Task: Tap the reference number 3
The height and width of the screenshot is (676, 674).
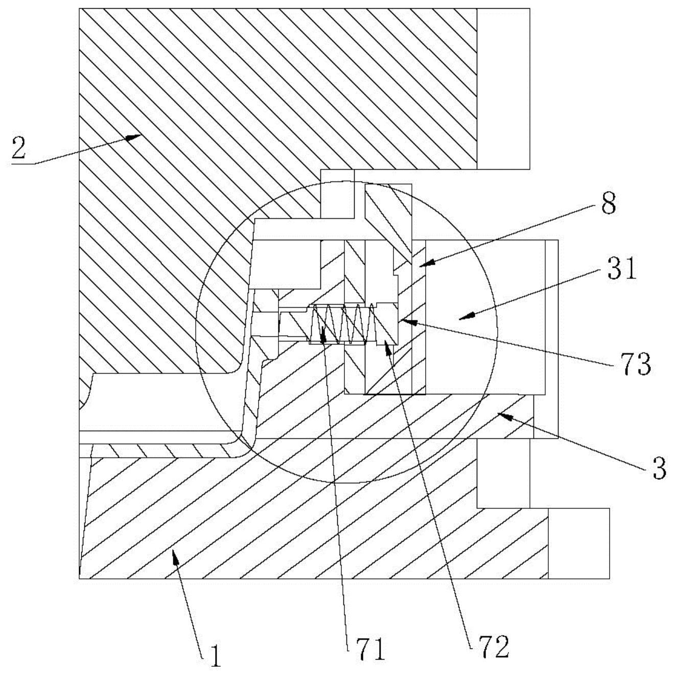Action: (660, 469)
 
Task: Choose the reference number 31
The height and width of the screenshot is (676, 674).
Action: (622, 270)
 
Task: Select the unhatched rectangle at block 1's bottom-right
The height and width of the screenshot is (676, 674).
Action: (578, 543)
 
